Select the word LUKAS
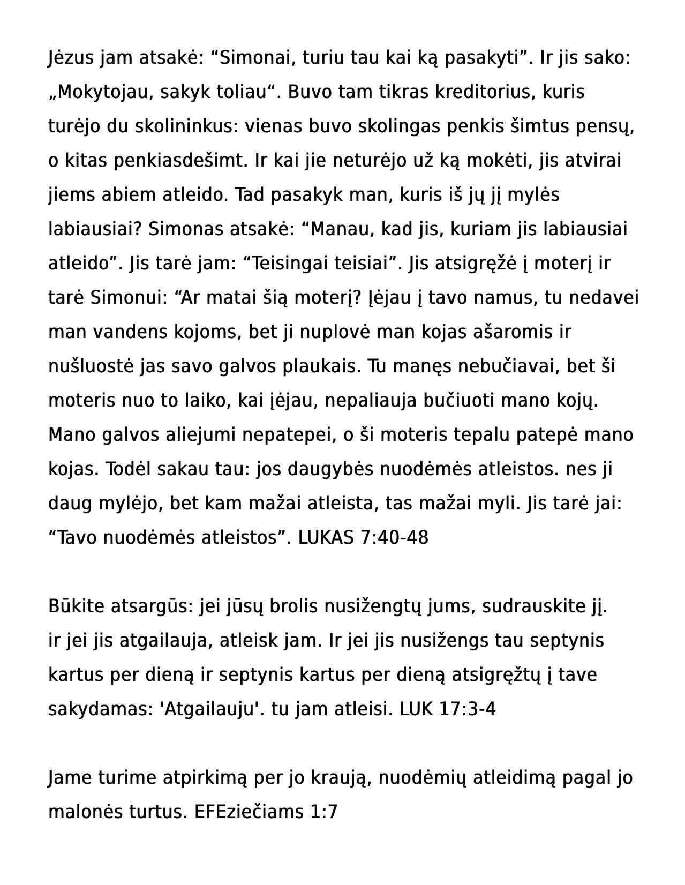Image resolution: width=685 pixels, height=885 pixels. (x=326, y=538)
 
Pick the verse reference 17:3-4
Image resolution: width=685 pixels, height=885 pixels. (x=467, y=709)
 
